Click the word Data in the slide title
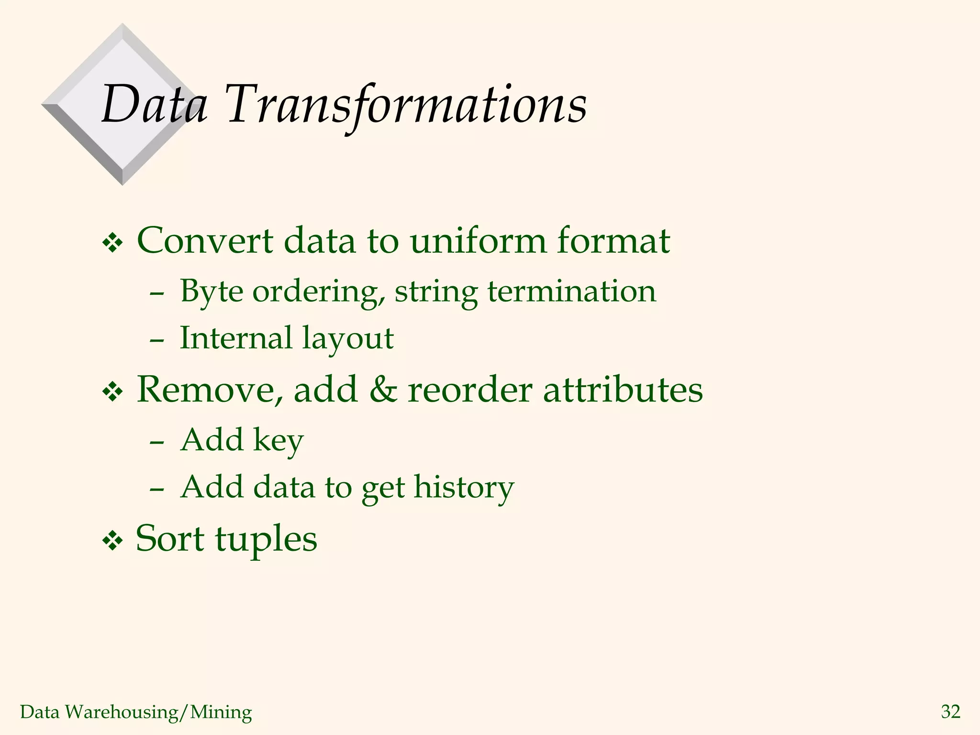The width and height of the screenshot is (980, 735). coord(154,104)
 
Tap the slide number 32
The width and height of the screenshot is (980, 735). coord(950,712)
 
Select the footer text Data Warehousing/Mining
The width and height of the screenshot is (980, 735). coord(136,712)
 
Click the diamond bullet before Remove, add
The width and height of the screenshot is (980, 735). coord(113,392)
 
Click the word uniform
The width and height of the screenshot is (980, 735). coord(478,241)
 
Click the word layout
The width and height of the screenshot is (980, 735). coord(348,339)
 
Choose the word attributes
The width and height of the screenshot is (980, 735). coord(623,389)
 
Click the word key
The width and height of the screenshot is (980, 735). coord(278,440)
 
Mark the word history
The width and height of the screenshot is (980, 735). coord(464,487)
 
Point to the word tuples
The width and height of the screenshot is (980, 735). coord(266,539)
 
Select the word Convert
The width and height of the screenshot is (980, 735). coord(205,241)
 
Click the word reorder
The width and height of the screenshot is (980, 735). coord(470,389)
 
